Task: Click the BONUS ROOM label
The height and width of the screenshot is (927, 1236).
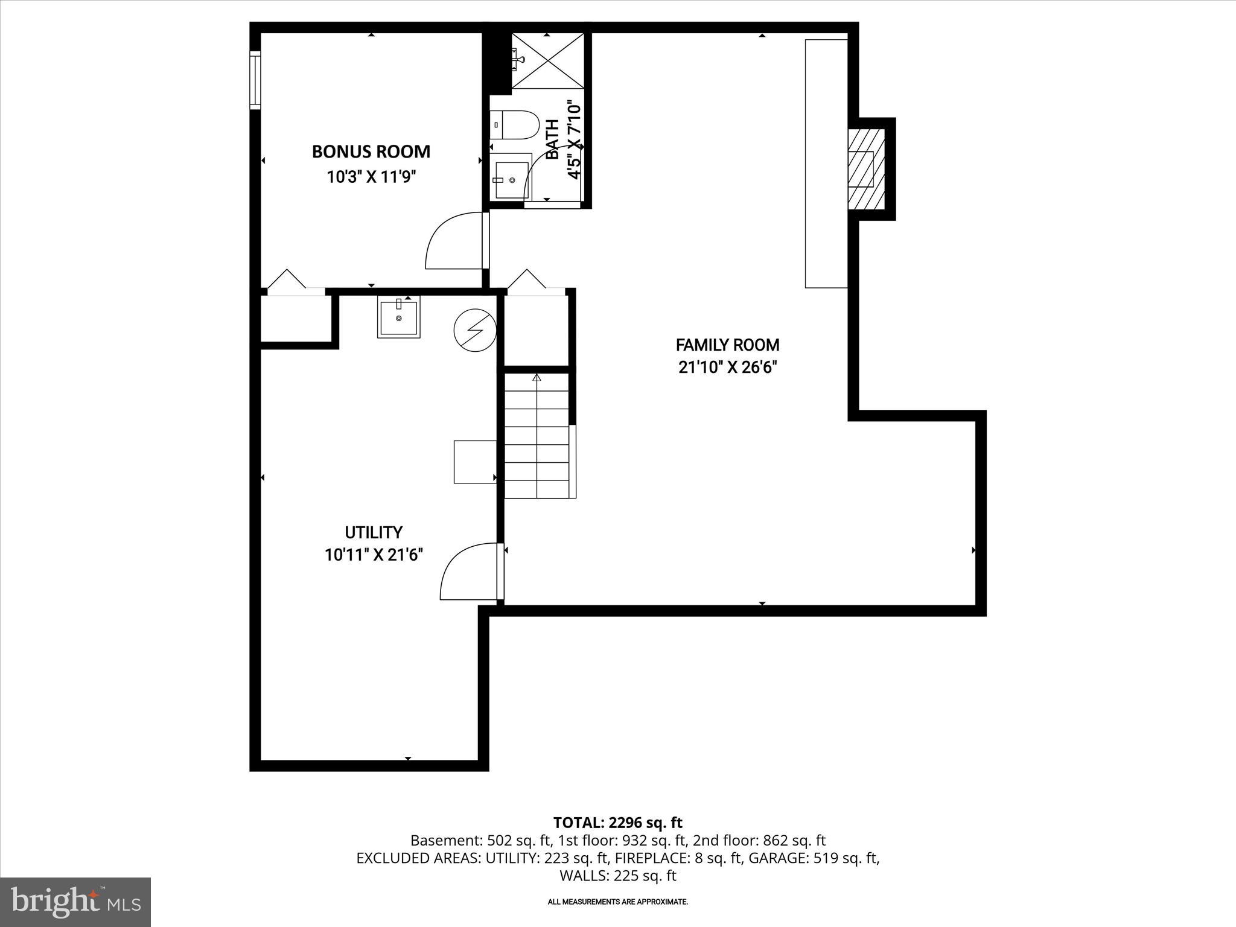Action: click(x=371, y=151)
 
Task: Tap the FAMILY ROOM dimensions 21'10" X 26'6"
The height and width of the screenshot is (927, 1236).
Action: click(x=727, y=368)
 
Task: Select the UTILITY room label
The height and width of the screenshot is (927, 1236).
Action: click(x=373, y=532)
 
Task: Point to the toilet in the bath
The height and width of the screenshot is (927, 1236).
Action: click(x=514, y=125)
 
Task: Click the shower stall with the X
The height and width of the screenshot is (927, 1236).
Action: click(x=548, y=60)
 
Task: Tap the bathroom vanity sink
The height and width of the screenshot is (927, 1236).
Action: click(x=511, y=180)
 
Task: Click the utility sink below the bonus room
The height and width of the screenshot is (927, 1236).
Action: click(x=398, y=316)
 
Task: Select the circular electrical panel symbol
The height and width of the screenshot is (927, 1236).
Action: click(x=475, y=330)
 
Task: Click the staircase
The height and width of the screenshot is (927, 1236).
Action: click(x=537, y=436)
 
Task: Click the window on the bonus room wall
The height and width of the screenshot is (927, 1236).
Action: click(x=255, y=81)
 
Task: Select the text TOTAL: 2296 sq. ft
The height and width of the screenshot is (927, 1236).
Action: click(x=617, y=823)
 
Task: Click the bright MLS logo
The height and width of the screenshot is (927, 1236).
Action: click(x=75, y=902)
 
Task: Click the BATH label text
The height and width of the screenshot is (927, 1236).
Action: click(x=552, y=139)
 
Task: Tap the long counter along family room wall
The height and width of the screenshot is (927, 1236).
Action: click(x=826, y=163)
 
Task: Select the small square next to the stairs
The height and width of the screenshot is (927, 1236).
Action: click(x=475, y=462)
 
